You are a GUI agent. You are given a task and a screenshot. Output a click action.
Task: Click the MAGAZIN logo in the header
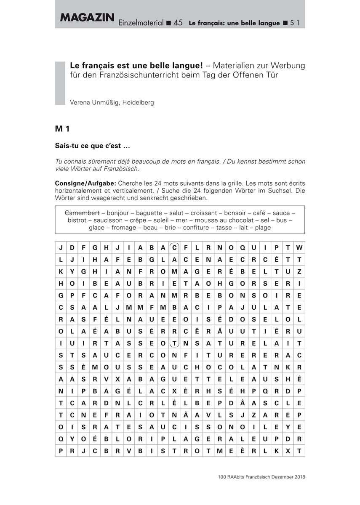pyautogui.click(x=87, y=17)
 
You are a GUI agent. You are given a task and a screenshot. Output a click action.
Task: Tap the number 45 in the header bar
pyautogui.click(x=178, y=23)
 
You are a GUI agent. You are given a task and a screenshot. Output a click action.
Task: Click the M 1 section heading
pyautogui.click(x=62, y=129)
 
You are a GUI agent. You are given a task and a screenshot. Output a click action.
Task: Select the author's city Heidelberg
pyautogui.click(x=138, y=102)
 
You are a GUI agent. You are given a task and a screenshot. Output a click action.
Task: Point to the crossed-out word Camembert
pyautogui.click(x=82, y=213)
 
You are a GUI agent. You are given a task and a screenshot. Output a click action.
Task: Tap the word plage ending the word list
pyautogui.click(x=262, y=228)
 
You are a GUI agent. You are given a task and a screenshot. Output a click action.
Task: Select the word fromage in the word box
pyautogui.click(x=122, y=228)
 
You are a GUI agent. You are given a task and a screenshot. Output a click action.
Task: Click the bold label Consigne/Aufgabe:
pyautogui.click(x=86, y=183)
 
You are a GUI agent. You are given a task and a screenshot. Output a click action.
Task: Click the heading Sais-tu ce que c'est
pyautogui.click(x=93, y=146)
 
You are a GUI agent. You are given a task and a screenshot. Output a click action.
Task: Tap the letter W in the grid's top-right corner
pyautogui.click(x=299, y=247)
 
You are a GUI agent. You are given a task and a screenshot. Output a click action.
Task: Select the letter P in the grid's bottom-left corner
pyautogui.click(x=61, y=451)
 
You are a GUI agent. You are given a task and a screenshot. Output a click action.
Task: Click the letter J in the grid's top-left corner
pyautogui.click(x=61, y=247)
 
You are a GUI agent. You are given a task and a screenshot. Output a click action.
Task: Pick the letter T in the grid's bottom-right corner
pyautogui.click(x=299, y=451)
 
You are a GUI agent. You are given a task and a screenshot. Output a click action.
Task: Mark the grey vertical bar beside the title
pyautogui.click(x=60, y=83)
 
